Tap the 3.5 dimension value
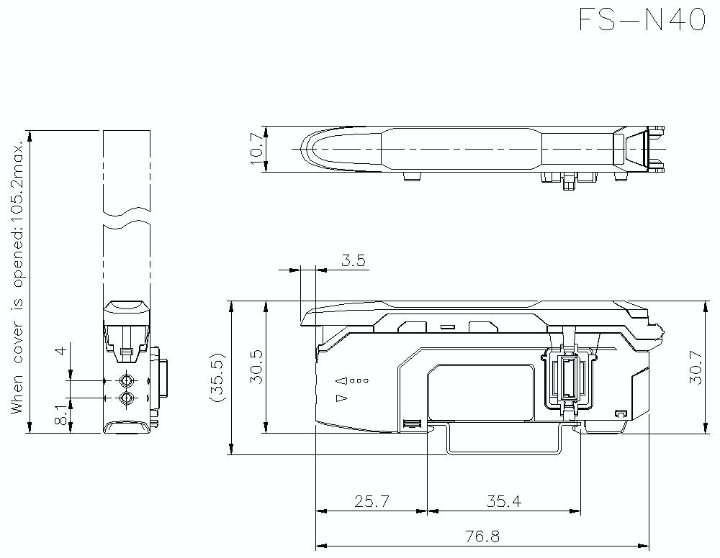pos(353,260)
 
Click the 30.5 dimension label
pos(256,367)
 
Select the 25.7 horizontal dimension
pos(372,501)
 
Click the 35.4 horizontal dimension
pos(503,501)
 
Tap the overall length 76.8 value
pos(482,536)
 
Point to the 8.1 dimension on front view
pos(62,416)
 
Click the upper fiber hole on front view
pos(127,380)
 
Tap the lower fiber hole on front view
pos(127,398)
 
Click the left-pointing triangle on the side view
pos(342,380)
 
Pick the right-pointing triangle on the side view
pos(342,398)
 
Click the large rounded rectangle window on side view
pos(480,392)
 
